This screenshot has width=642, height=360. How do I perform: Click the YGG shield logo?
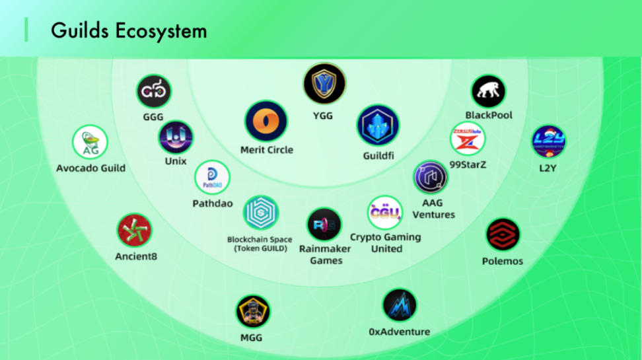coord(324,84)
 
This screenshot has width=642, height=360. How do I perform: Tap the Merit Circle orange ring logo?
coord(266,122)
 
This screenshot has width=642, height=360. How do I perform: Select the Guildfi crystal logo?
coord(378,126)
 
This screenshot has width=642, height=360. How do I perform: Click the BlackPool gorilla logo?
coord(488,92)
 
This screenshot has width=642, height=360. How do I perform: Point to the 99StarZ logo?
coord(468,139)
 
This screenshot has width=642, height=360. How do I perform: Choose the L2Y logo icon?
coord(548,141)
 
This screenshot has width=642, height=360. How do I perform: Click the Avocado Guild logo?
coord(90,143)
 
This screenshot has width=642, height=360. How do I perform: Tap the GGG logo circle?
coord(153,91)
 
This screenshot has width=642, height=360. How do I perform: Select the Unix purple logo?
coord(176,137)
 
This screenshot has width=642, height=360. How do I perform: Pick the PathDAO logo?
coord(212,178)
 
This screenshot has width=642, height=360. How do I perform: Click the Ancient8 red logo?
coord(135,231)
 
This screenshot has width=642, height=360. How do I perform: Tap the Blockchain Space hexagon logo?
coord(261,213)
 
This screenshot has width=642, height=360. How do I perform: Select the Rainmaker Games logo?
coord(324,225)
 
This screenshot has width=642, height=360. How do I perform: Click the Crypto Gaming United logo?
coord(385,212)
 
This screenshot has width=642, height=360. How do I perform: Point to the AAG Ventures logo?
coord(431,176)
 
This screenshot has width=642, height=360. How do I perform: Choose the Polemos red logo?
coord(503,235)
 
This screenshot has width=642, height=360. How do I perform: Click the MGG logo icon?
coord(253,312)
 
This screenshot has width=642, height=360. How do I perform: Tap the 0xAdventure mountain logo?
coord(400,305)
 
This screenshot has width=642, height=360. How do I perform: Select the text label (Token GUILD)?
coord(261,249)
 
